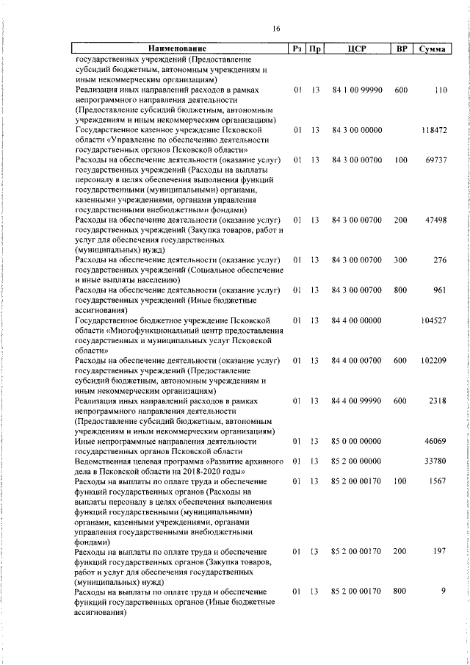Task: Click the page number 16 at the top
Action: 275,29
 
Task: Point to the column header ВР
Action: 401,49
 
